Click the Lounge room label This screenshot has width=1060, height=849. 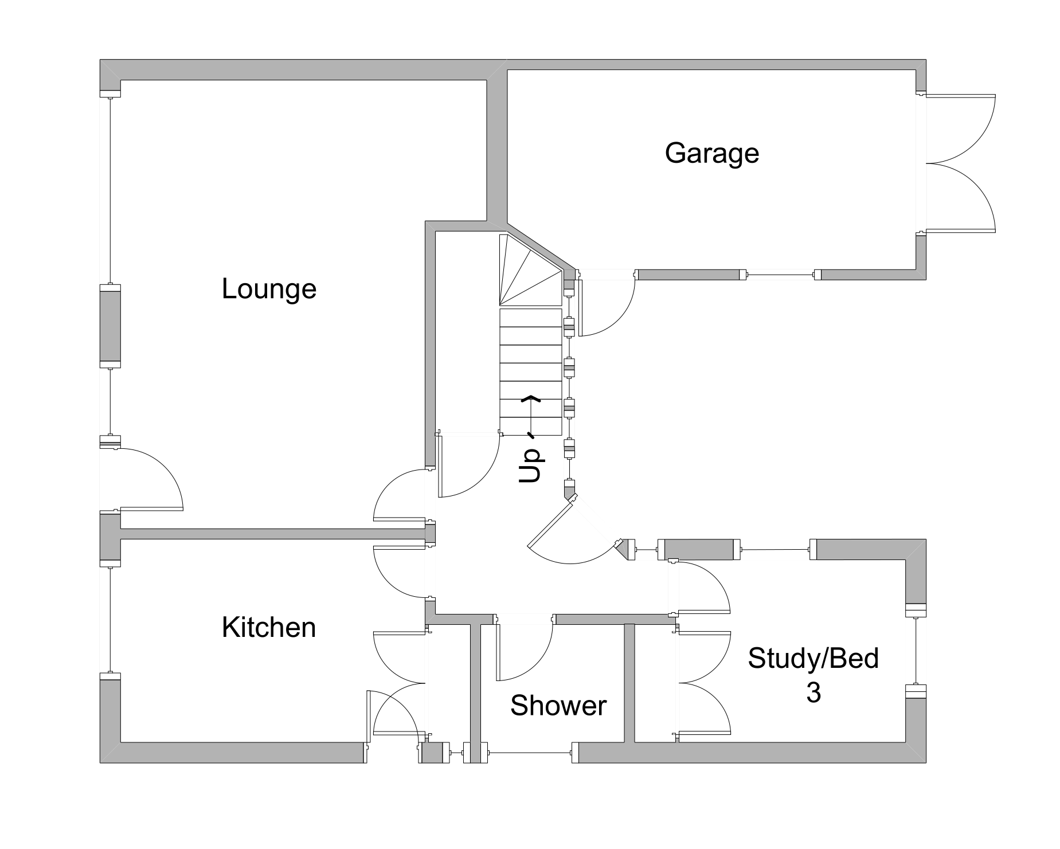click(269, 289)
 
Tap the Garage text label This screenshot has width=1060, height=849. click(711, 154)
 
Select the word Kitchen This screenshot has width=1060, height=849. click(269, 628)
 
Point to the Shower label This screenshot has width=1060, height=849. click(558, 706)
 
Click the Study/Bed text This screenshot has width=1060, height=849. click(813, 658)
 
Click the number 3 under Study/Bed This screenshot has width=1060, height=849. click(813, 692)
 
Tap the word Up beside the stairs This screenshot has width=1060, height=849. click(530, 465)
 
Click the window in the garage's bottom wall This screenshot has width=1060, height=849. click(780, 275)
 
